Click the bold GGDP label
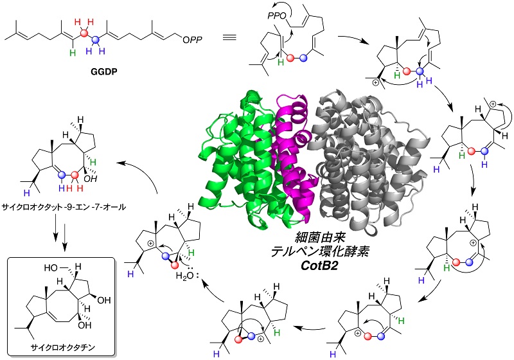click(x=104, y=72)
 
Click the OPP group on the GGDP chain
click(x=192, y=40)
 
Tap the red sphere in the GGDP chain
click(x=85, y=33)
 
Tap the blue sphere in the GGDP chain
click(x=95, y=40)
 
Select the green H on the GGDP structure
click(x=73, y=53)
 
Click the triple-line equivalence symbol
click(x=229, y=37)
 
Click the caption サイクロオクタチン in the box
click(x=62, y=347)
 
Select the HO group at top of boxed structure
click(x=53, y=268)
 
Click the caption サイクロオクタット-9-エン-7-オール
click(x=64, y=207)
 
